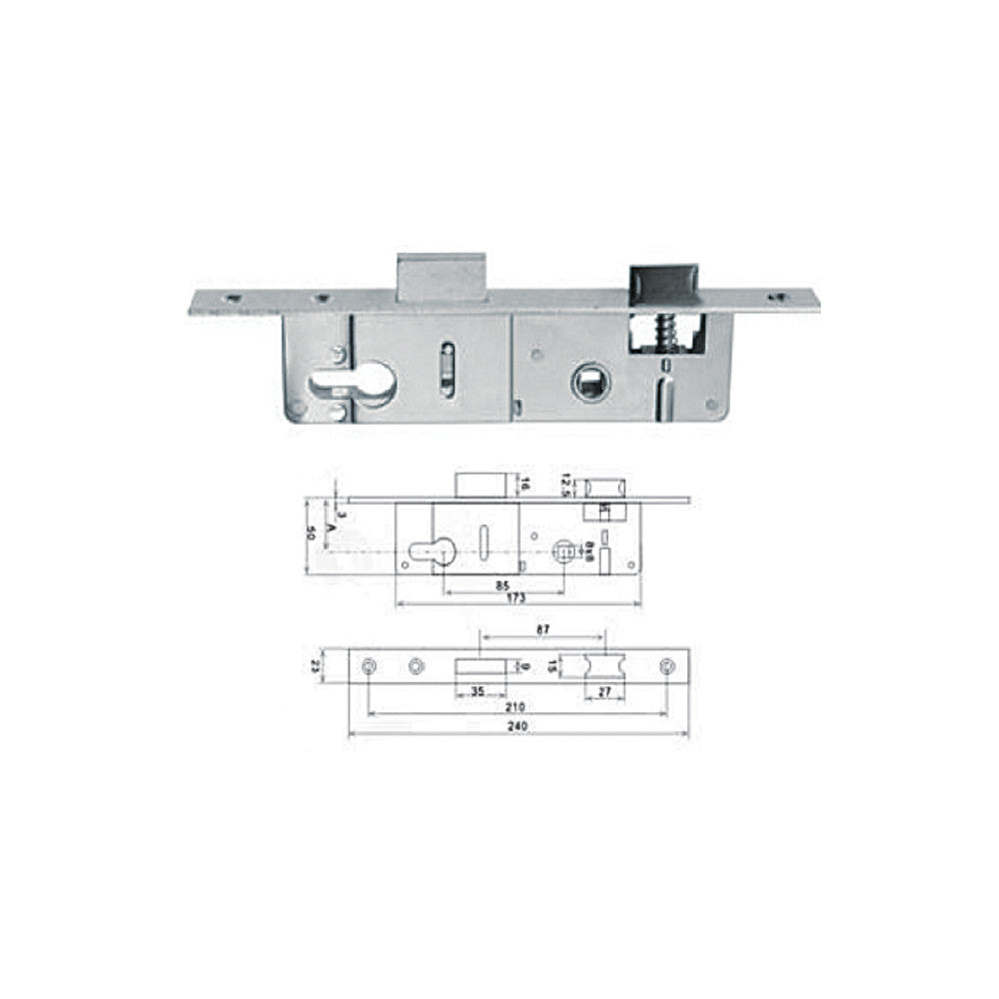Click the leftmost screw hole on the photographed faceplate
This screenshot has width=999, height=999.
[x=232, y=297]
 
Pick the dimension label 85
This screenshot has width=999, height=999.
[x=502, y=586]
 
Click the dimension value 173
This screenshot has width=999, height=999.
[x=517, y=600]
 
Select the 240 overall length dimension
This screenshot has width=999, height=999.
[x=516, y=728]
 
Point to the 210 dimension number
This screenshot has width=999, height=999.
[x=516, y=706]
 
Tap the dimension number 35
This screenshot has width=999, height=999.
[x=477, y=690]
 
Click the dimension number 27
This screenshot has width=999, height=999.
[x=605, y=690]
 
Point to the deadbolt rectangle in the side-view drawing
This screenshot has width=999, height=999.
[x=483, y=485]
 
